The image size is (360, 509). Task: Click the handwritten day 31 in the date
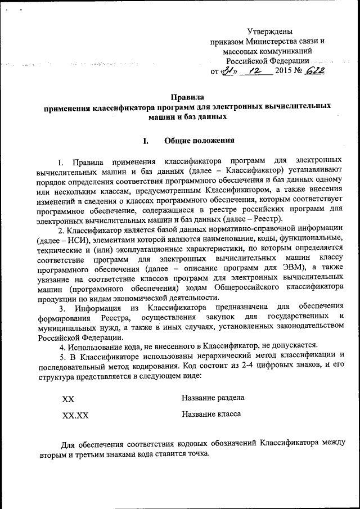227,71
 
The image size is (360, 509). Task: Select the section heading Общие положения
199,140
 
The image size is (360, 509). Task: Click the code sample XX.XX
75,416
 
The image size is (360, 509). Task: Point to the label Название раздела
213,398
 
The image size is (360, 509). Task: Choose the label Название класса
211,415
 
